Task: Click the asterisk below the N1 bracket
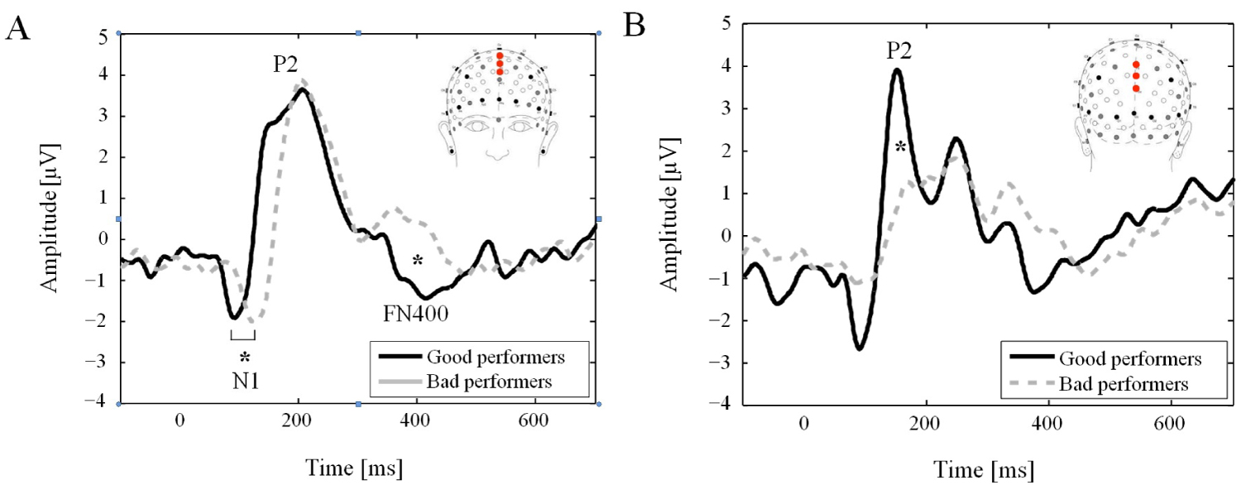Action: click(245, 358)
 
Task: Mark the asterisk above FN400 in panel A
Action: click(418, 262)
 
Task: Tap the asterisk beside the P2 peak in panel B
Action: click(902, 148)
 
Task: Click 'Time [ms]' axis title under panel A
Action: click(353, 468)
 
